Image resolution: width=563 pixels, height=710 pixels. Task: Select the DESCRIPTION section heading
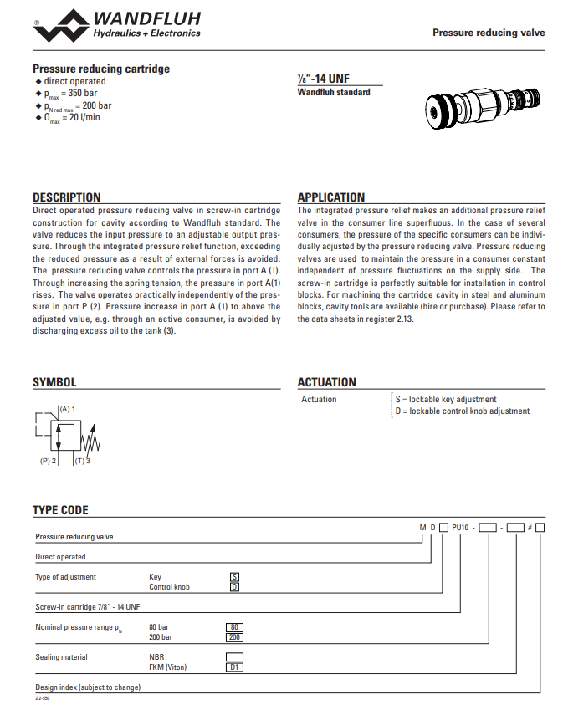(66, 197)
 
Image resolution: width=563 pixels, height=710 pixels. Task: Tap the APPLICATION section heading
(331, 197)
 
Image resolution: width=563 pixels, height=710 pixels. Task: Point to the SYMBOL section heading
(54, 382)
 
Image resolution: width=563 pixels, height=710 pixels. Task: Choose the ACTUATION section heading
(326, 382)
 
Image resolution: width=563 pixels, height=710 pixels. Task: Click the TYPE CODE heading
(60, 510)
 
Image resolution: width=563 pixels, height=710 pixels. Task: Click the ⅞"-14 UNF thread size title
(324, 79)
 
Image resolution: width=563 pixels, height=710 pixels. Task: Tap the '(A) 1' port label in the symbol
(67, 408)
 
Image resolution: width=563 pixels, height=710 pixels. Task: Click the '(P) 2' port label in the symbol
(48, 461)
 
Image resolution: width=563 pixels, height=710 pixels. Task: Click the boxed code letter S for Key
(234, 577)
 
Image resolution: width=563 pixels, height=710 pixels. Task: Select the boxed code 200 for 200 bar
(234, 636)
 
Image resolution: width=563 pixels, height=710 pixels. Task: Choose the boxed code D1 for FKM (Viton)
(234, 667)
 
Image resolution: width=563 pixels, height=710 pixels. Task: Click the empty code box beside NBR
(234, 657)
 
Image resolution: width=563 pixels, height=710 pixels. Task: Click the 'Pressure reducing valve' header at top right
(489, 33)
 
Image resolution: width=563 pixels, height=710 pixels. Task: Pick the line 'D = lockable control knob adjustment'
(463, 411)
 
